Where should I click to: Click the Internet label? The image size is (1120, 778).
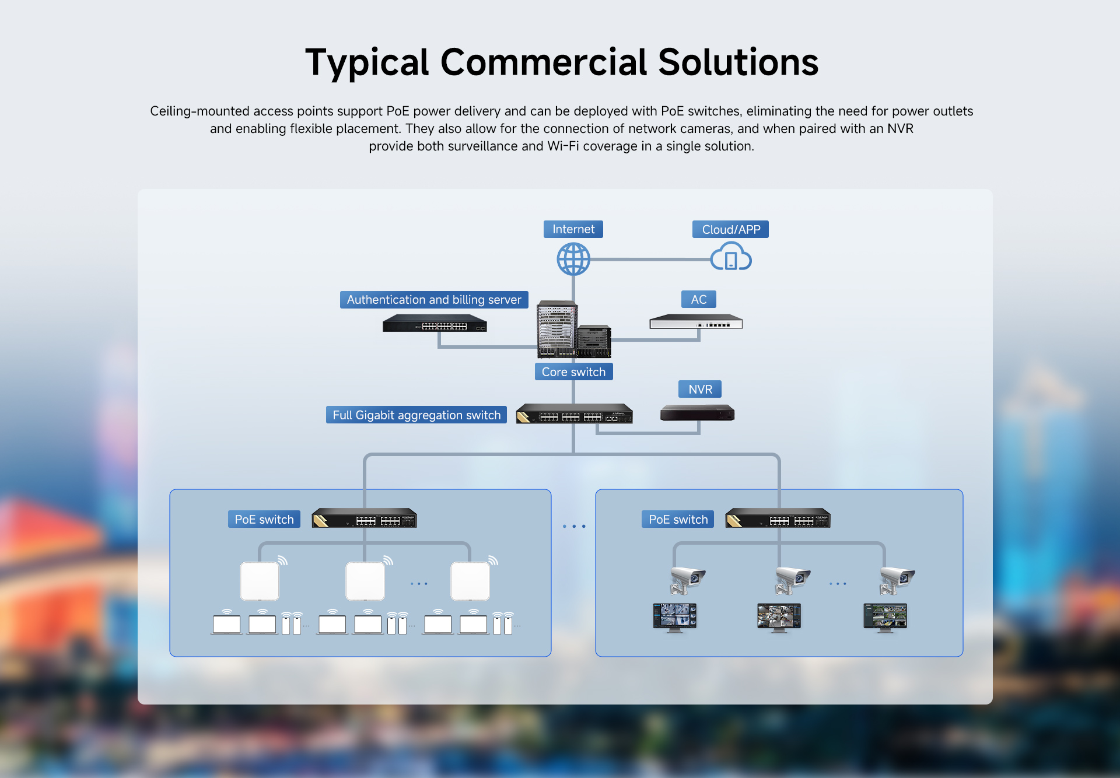tap(573, 229)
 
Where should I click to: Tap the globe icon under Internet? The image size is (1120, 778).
tap(573, 259)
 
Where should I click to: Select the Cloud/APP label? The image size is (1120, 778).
tap(730, 229)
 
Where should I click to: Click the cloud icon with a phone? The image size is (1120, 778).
tap(731, 258)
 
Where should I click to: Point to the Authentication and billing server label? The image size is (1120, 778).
tap(434, 300)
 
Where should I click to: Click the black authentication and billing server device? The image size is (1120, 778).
tap(435, 323)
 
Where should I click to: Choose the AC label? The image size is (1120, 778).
tap(699, 299)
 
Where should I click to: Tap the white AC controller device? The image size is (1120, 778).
tap(696, 322)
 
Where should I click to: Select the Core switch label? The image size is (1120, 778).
tap(573, 372)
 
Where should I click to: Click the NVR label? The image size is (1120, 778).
tap(700, 389)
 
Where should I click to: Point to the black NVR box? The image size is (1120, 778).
tap(697, 413)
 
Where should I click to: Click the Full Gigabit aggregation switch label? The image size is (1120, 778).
tap(416, 415)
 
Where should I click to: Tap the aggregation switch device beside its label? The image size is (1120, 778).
tap(574, 413)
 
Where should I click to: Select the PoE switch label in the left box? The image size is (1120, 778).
tap(264, 519)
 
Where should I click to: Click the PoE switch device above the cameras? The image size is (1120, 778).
tap(778, 518)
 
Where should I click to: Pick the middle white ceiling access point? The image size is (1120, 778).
tap(365, 581)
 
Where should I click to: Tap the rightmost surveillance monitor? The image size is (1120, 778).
tap(885, 617)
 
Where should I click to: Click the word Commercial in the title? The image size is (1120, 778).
tap(544, 62)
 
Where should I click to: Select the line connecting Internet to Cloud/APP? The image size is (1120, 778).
tap(650, 259)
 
